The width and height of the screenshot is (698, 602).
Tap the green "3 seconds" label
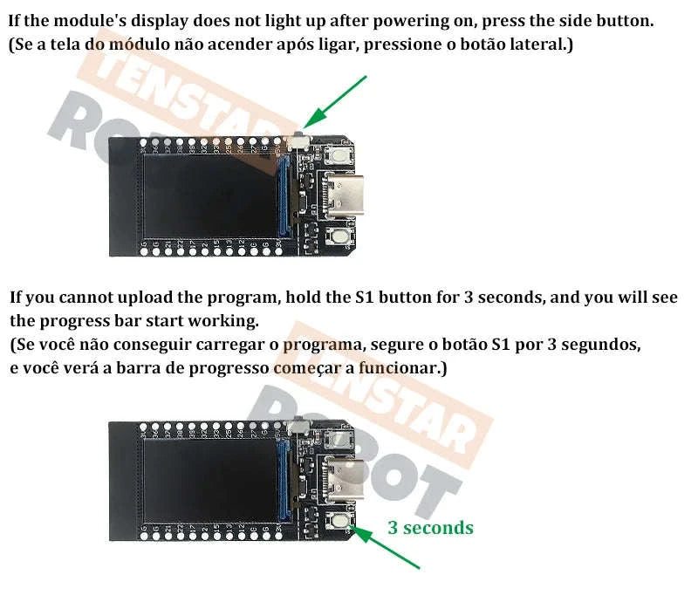pos(430,528)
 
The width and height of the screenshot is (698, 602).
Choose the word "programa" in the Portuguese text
pos(316,345)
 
